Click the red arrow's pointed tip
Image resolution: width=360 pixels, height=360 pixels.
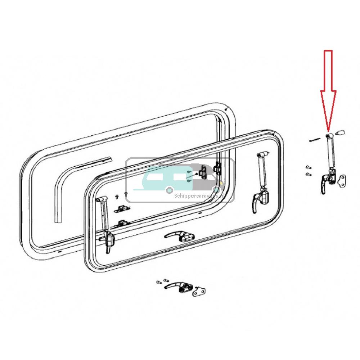pyautogui.click(x=328, y=130)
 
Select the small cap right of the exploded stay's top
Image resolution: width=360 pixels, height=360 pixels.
pyautogui.click(x=339, y=133)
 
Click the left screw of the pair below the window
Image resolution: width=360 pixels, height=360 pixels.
pyautogui.click(x=159, y=282)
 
